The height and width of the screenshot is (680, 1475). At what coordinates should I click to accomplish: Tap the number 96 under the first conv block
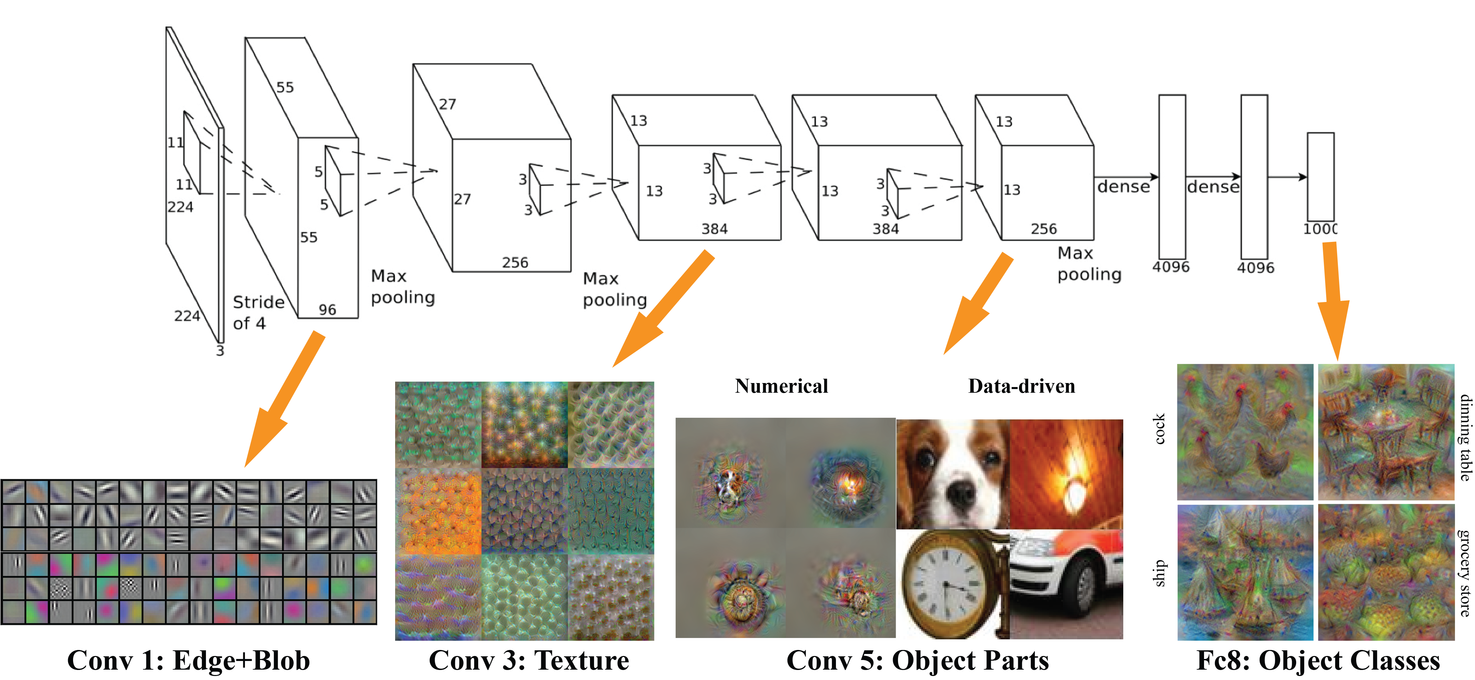[327, 310]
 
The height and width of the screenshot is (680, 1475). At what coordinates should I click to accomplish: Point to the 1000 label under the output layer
[1320, 229]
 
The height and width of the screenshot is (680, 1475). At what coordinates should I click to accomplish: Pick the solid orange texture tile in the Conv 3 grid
[438, 511]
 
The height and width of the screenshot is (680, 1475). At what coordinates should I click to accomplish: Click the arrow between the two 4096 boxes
[1213, 177]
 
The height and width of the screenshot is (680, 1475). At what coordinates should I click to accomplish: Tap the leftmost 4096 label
[1171, 267]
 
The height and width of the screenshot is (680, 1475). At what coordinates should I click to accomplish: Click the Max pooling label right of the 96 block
[402, 287]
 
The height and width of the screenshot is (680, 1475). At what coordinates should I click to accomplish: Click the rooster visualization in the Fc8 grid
[1247, 434]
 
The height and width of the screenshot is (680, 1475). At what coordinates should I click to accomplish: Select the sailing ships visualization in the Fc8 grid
[1247, 572]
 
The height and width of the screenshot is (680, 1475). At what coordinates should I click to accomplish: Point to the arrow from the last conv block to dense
[1126, 177]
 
